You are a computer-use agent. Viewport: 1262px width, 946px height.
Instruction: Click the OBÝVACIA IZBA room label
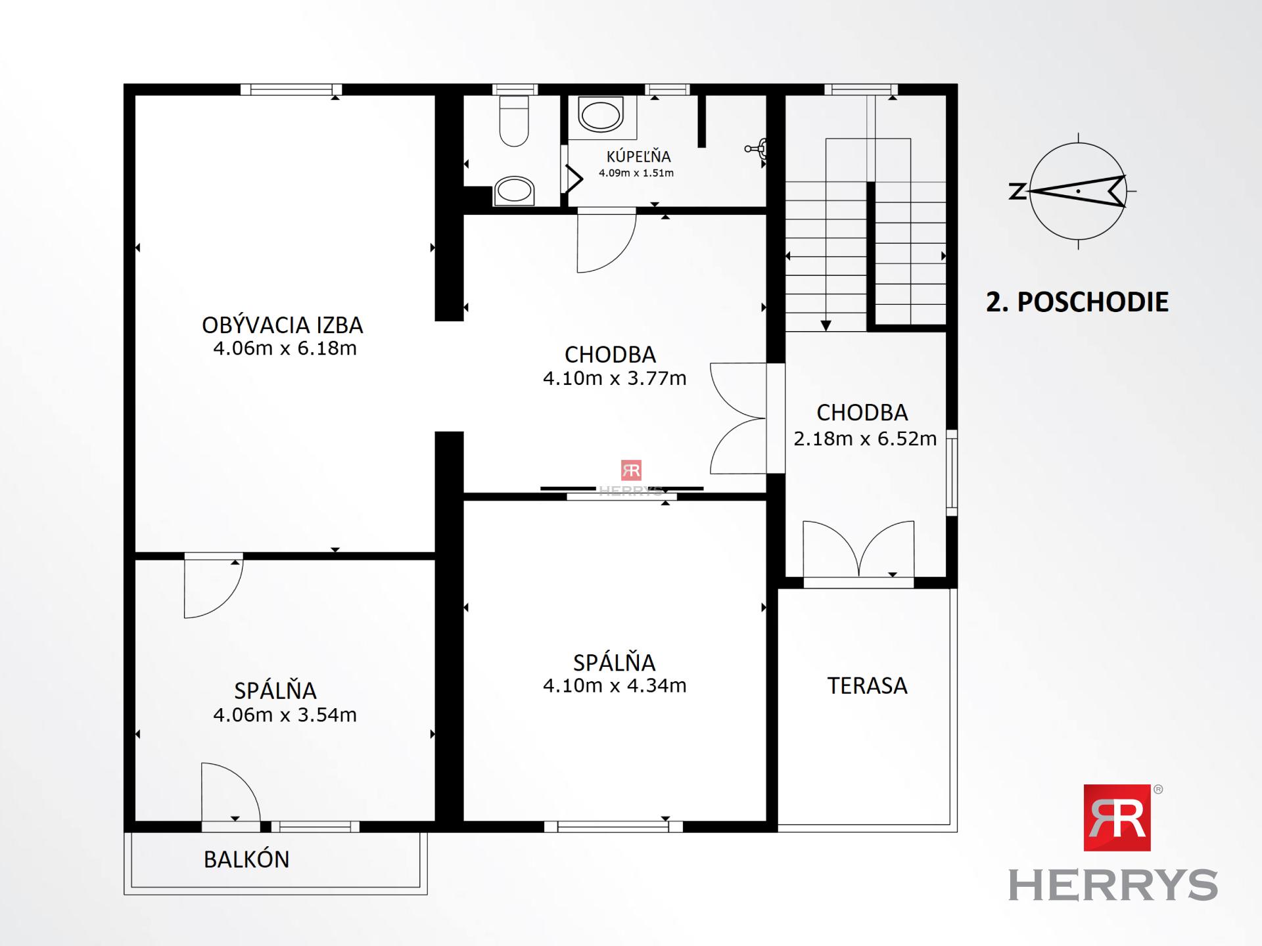tap(282, 325)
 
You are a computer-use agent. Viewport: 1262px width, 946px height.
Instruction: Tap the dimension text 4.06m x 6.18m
tap(285, 348)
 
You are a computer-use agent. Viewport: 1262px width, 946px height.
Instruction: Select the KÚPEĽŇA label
tap(638, 156)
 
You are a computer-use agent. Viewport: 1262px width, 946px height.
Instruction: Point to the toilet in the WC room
tap(513, 122)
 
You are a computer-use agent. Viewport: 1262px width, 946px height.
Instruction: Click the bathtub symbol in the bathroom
tap(600, 116)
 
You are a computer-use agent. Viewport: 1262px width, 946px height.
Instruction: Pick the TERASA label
tap(867, 686)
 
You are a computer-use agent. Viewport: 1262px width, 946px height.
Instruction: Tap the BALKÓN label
tap(246, 859)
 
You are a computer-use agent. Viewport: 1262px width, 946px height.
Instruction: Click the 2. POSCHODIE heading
tap(1077, 302)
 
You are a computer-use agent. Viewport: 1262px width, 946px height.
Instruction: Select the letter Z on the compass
tap(1017, 192)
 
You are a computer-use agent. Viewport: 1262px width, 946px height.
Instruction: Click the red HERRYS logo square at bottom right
tap(1117, 817)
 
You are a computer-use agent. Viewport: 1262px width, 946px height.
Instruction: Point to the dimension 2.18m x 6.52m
tap(865, 439)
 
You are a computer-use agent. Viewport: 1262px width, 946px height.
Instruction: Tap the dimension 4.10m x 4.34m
tap(615, 686)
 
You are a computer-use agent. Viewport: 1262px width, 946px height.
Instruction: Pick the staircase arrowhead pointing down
tap(826, 325)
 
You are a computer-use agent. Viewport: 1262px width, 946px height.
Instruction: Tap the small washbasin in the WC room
tap(514, 191)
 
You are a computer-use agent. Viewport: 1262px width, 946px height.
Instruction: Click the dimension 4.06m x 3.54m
tap(285, 715)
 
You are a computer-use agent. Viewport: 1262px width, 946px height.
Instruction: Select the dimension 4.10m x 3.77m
tap(615, 378)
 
